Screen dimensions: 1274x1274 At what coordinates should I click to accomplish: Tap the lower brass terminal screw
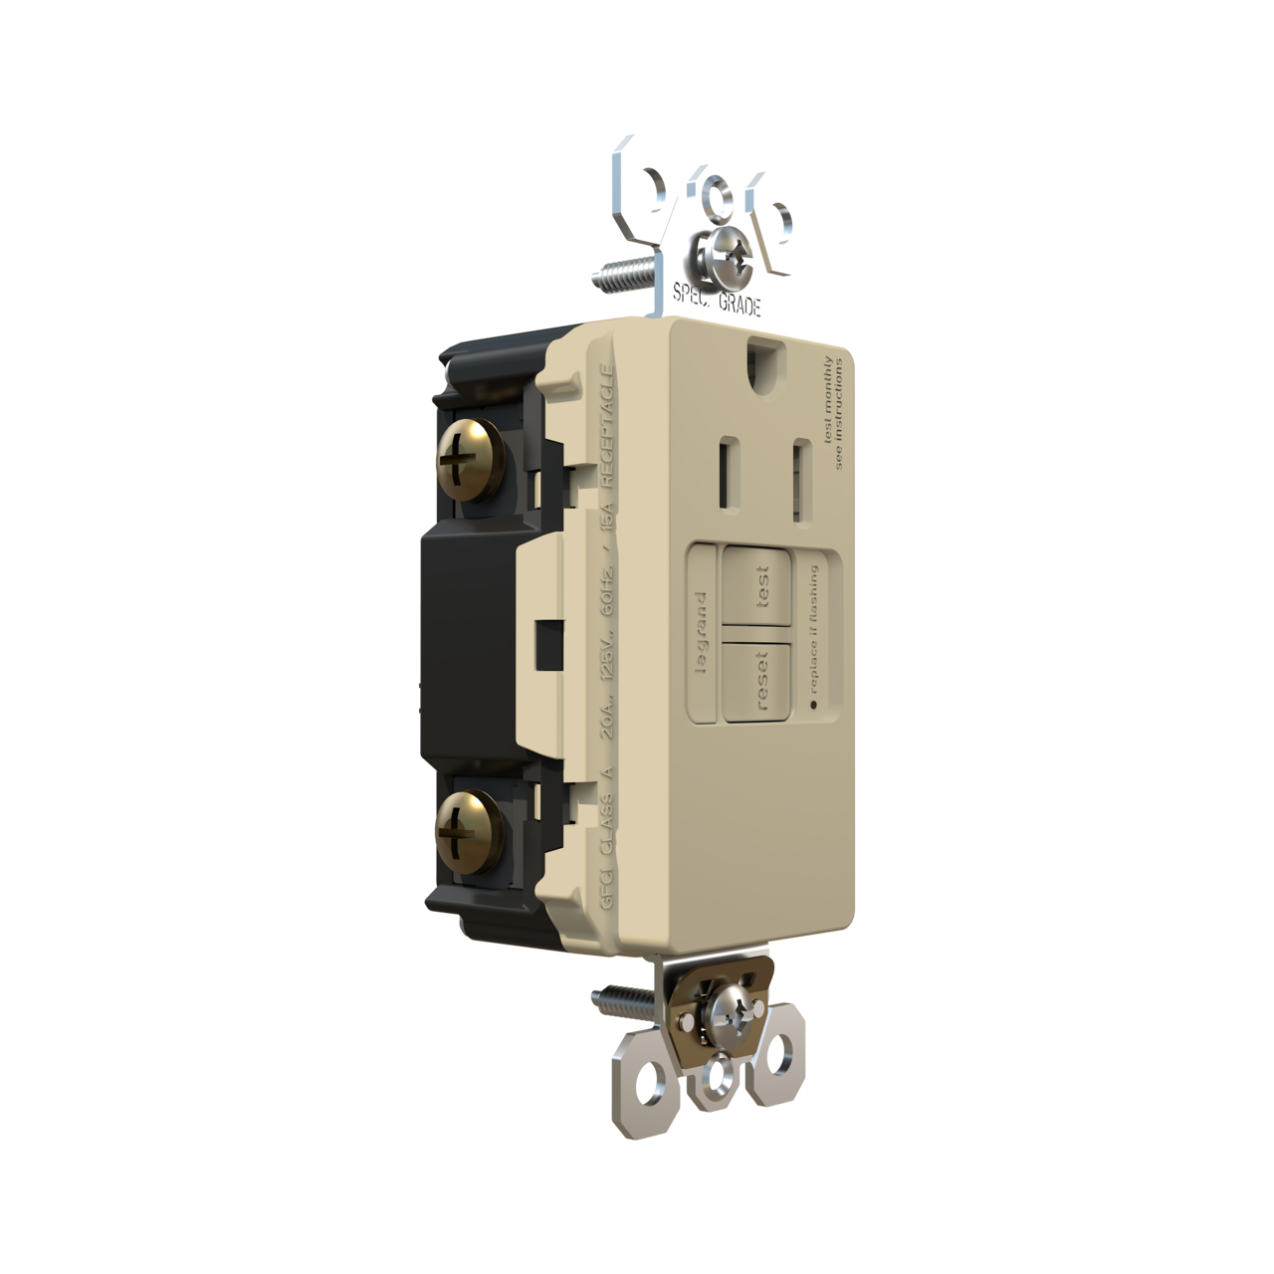(x=464, y=823)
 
